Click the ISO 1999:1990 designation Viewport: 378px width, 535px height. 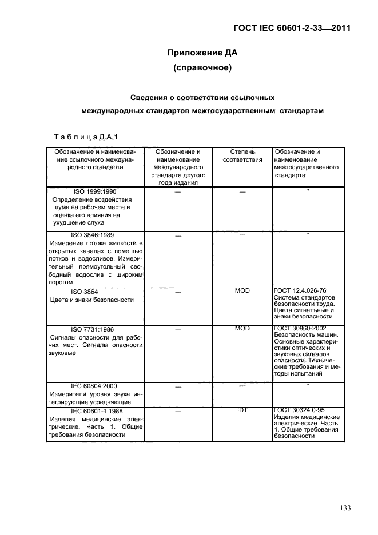coord(94,193)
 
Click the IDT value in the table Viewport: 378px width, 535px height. coord(242,410)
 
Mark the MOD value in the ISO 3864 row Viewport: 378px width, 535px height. coord(242,291)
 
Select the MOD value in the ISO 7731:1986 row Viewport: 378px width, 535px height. coord(242,329)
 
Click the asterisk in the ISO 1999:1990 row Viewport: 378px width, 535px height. coord(308,190)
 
